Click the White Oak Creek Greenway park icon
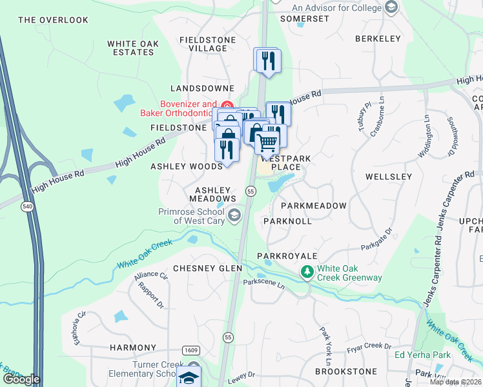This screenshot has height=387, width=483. coord(308,273)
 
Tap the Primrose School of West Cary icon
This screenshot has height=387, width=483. coord(234,215)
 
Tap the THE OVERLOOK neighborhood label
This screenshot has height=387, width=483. coord(54,20)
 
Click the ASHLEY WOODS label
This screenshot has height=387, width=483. coord(187,166)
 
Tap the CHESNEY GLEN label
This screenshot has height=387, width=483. coord(207,268)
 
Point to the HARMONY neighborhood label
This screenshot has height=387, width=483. coord(133,348)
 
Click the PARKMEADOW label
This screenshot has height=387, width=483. coord(314,205)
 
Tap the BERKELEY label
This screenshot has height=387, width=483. coord(378,39)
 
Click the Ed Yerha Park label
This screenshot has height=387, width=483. coord(423,355)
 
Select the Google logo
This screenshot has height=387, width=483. coord(21,379)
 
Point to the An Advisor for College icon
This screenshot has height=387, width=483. coord(391,8)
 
